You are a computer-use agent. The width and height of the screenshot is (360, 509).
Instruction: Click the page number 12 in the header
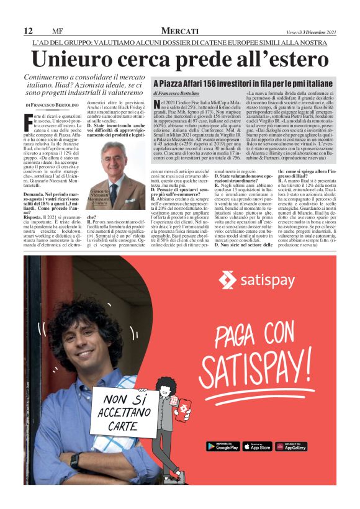click(28, 31)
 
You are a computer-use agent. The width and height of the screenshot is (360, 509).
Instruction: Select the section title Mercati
click(179, 31)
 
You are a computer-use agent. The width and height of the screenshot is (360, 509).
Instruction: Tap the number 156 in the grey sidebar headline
click(214, 83)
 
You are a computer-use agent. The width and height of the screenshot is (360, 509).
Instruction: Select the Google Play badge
click(222, 446)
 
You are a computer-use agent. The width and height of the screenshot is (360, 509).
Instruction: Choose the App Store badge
click(256, 446)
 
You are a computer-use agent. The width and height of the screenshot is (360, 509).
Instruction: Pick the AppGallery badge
click(290, 446)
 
